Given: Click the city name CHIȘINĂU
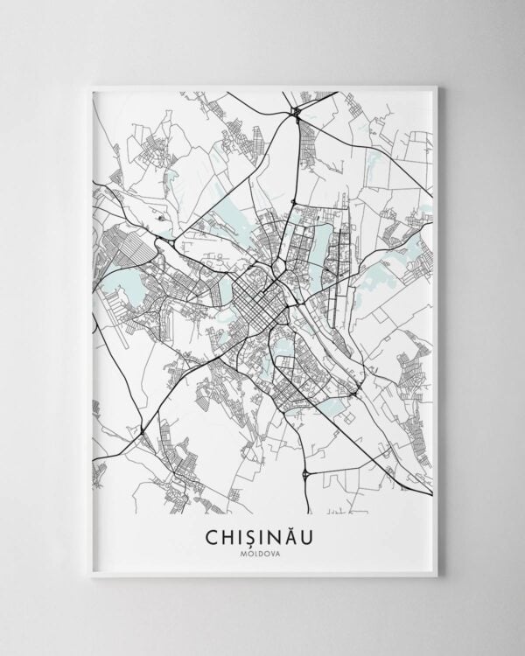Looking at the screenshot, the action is [x=262, y=534].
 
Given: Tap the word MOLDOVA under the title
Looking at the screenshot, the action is [x=262, y=552].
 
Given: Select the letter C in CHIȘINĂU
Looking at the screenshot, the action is [x=213, y=534].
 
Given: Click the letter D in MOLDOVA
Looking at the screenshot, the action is [x=262, y=552].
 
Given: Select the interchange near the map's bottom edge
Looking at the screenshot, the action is [x=305, y=475].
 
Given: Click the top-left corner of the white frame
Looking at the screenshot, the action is [x=91, y=86].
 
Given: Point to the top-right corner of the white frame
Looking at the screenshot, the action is [x=436, y=86].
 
